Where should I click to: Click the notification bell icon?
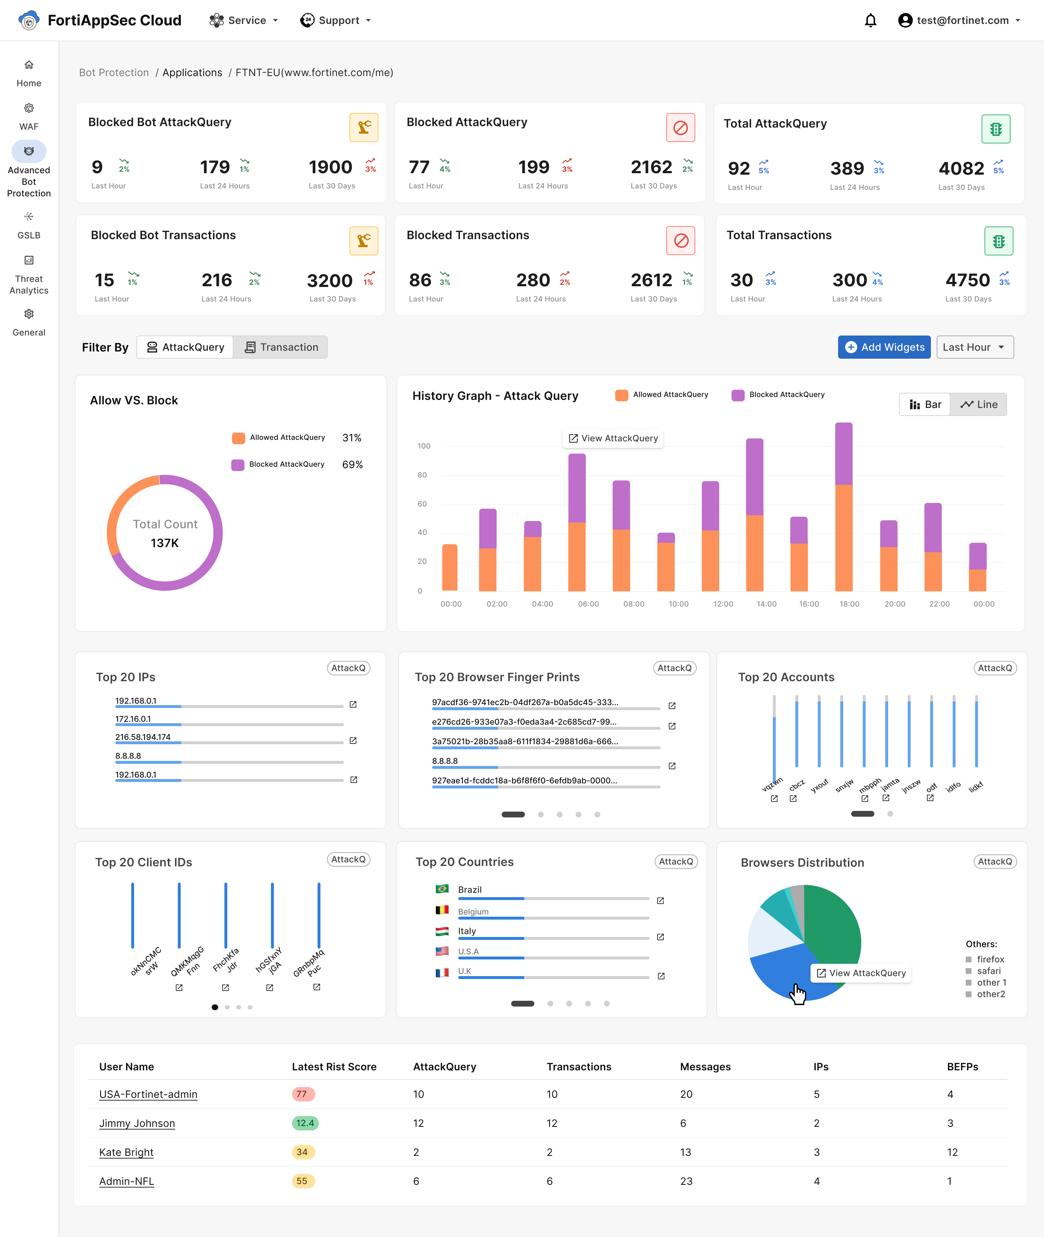pos(870,21)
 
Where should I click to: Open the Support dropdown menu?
pos(336,21)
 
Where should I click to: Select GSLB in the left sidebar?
pos(28,225)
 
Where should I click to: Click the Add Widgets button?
pos(884,347)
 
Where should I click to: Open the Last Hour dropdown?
pos(974,347)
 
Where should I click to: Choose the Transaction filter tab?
pos(281,347)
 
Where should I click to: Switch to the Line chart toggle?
pos(978,405)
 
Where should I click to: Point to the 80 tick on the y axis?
pos(422,475)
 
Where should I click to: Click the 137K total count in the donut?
pos(165,543)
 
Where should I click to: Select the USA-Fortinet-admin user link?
pos(148,1095)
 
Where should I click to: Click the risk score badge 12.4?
pos(305,1123)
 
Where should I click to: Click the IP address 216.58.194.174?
pos(142,737)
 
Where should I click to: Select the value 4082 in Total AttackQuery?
pos(961,168)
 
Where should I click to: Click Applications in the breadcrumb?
pos(192,73)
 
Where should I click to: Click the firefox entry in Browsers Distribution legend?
pos(990,959)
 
